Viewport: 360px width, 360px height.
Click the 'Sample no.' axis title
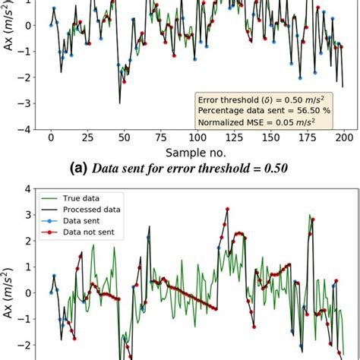(196, 153)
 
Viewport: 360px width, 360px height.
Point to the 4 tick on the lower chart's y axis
(28, 188)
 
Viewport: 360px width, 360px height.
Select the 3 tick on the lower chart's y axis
(28, 214)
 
